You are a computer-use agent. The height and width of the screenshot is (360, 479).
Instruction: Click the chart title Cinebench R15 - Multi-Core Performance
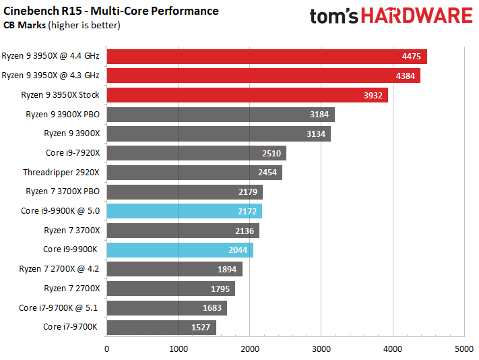click(x=111, y=11)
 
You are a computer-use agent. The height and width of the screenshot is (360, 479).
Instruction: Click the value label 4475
click(x=409, y=57)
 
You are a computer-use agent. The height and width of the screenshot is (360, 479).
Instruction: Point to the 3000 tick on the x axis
click(x=321, y=349)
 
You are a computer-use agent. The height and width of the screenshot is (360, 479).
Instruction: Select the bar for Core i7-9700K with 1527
click(x=161, y=328)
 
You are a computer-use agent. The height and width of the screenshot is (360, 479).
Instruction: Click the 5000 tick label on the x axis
click(x=464, y=349)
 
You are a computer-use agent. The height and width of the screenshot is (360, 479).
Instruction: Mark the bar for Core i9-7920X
click(x=196, y=153)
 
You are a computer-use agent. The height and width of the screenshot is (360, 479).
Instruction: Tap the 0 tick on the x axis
click(x=107, y=349)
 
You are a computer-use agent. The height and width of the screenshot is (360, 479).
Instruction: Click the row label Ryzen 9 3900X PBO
click(x=63, y=115)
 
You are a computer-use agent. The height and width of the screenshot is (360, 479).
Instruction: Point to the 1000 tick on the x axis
click(x=178, y=349)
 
